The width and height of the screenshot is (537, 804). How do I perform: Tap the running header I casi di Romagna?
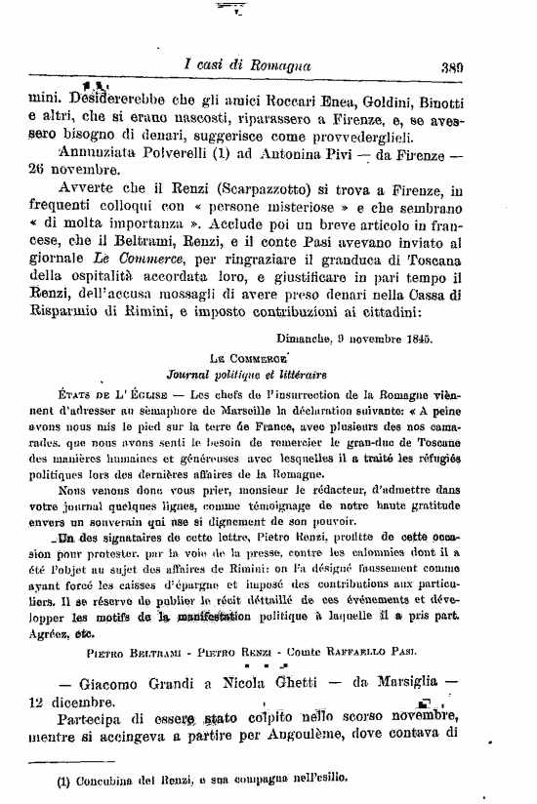click(x=247, y=65)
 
